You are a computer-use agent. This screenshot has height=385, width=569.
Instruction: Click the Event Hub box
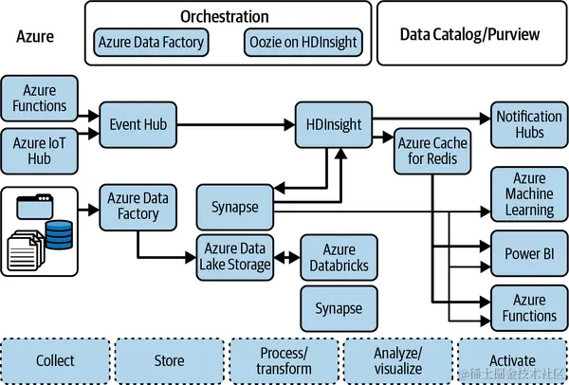138,124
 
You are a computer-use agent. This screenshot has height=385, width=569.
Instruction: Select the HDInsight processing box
334,124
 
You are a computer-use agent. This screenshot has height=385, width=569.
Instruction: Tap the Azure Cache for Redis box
432,151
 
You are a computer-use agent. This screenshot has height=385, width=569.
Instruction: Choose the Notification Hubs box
529,124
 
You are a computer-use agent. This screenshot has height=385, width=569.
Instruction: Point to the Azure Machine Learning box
529,194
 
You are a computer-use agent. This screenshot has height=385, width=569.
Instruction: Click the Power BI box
529,253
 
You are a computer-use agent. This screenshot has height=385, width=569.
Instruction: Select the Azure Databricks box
339,258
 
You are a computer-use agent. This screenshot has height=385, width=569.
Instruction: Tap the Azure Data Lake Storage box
235,258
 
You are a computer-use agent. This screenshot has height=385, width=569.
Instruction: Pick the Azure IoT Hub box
39,151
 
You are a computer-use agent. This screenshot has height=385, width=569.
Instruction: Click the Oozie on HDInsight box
303,42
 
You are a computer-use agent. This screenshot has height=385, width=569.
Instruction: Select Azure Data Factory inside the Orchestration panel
151,42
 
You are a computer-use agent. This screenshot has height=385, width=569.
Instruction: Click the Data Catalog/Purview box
471,33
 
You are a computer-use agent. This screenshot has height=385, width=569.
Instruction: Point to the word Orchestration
225,16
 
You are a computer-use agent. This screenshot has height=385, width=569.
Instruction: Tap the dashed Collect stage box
55,360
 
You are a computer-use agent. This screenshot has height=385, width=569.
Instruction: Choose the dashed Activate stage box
512,360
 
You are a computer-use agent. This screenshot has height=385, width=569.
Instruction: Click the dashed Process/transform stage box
284,360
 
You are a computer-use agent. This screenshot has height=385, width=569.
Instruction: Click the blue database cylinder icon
59,235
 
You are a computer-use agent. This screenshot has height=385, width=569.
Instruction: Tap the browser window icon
35,206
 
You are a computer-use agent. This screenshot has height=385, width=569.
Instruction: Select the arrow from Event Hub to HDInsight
236,124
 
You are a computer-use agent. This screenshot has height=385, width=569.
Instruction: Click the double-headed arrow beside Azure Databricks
287,258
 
